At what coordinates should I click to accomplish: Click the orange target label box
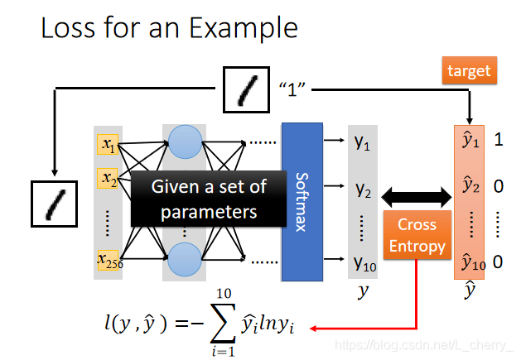pyautogui.click(x=469, y=72)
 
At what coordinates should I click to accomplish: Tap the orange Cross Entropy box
pyautogui.click(x=417, y=235)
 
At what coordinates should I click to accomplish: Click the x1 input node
pyautogui.click(x=109, y=146)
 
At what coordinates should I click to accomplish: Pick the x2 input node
pyautogui.click(x=109, y=178)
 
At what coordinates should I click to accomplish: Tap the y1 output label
pyautogui.click(x=363, y=142)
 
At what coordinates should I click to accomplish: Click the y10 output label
pyautogui.click(x=364, y=263)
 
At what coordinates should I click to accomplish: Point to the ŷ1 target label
pyautogui.click(x=470, y=141)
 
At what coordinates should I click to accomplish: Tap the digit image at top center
pyautogui.click(x=247, y=89)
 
